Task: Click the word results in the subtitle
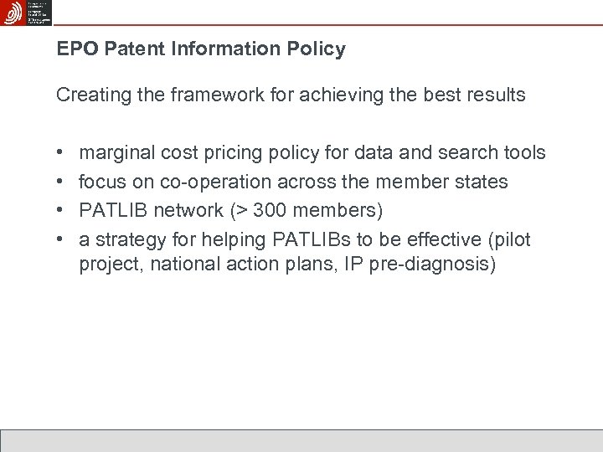point(495,95)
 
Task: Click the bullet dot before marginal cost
point(60,153)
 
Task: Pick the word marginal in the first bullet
point(116,153)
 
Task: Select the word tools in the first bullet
point(523,153)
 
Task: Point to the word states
point(481,182)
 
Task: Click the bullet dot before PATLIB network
point(60,211)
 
